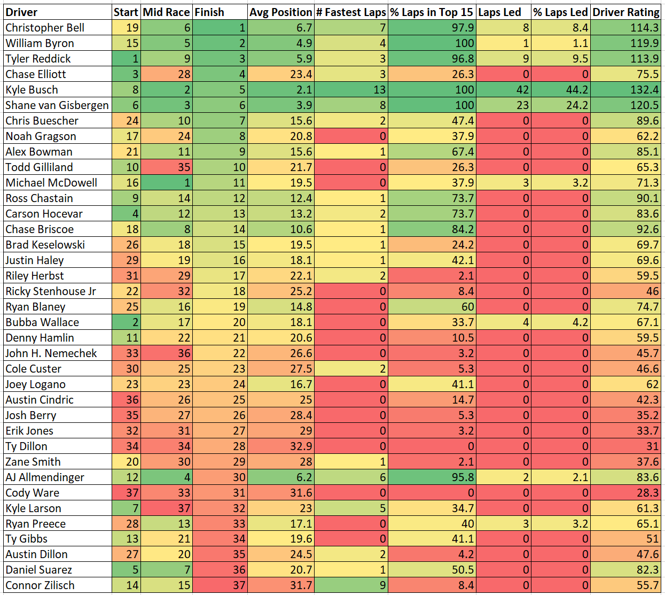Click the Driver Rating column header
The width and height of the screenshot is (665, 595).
click(625, 12)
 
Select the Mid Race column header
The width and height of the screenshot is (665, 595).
click(166, 12)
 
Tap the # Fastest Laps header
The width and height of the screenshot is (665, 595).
click(351, 12)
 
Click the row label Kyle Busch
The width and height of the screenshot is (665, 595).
click(32, 90)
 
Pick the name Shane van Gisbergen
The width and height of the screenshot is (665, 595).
click(57, 105)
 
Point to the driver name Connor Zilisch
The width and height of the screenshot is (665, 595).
click(40, 585)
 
